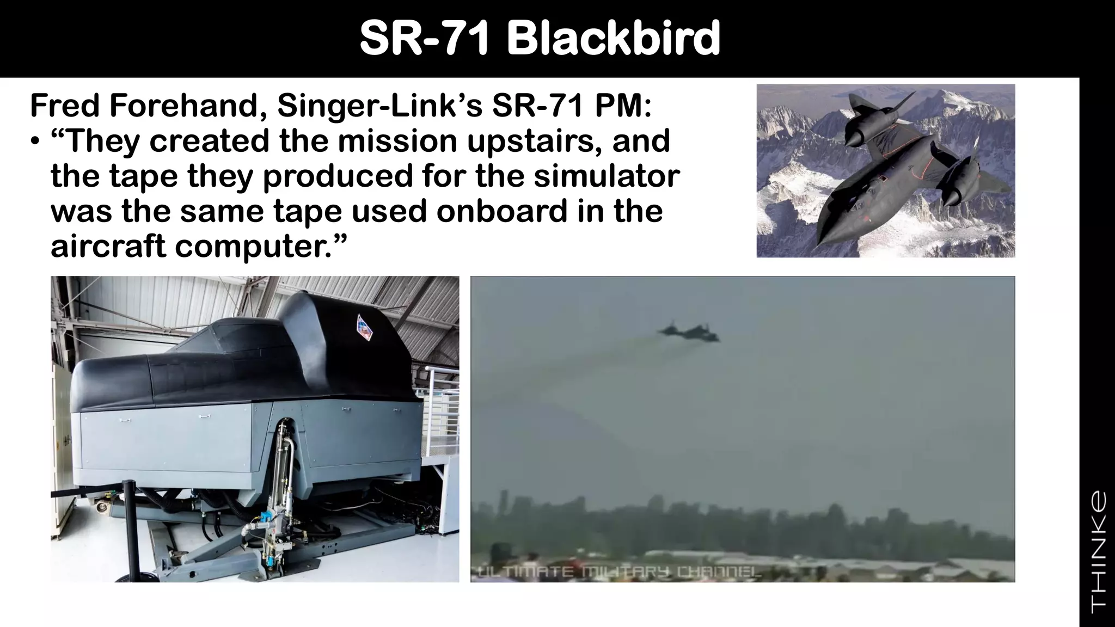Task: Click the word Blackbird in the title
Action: click(x=614, y=38)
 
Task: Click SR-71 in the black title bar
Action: click(x=424, y=38)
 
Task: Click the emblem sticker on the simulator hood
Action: click(x=363, y=327)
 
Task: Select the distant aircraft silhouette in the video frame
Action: click(x=689, y=331)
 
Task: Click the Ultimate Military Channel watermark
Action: click(x=615, y=571)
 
